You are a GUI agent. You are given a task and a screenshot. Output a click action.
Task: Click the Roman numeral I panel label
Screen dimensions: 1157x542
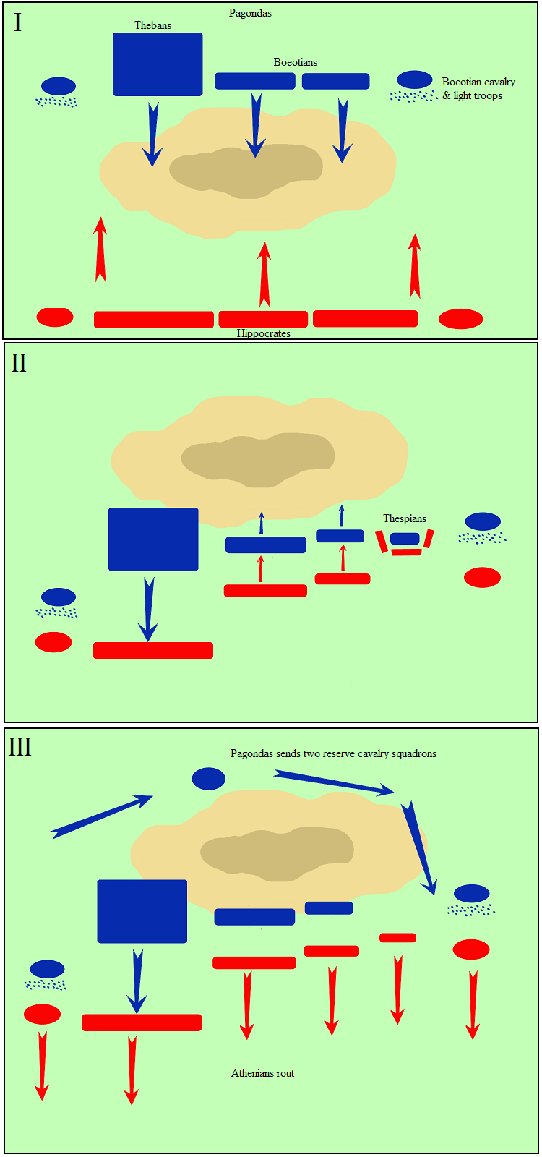[x=17, y=23]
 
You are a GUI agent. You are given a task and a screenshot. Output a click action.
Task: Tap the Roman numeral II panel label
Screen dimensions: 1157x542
[x=19, y=363]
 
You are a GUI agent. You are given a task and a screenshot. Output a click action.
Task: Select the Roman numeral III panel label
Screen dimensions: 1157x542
[x=20, y=747]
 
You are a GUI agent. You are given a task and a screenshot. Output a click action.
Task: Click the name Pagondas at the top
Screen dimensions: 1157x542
[x=250, y=13]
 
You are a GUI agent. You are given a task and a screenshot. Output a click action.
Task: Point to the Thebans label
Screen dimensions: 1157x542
[x=152, y=25]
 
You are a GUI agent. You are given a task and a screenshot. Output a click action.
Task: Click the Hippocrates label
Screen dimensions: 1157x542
[x=263, y=333]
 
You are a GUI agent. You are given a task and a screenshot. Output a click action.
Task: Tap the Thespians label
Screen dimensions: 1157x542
[x=405, y=518]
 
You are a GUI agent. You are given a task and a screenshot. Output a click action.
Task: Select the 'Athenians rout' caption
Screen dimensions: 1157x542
[x=262, y=1073]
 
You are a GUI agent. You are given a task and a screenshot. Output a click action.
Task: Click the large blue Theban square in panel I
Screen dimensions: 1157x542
[x=158, y=64]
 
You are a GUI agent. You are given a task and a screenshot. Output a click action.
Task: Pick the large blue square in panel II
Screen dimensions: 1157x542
[x=153, y=539]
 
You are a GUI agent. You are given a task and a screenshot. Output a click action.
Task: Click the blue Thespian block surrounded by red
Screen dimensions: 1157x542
[x=405, y=539]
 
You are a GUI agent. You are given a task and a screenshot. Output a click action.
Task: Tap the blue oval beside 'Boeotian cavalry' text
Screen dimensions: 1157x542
[x=414, y=80]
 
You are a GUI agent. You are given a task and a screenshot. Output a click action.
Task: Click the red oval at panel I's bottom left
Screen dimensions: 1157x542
[x=55, y=317]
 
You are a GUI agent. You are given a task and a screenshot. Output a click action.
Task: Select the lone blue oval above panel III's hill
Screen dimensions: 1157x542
[x=208, y=779]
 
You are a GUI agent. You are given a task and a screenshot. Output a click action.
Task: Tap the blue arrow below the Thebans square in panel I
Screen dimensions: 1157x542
[x=152, y=135]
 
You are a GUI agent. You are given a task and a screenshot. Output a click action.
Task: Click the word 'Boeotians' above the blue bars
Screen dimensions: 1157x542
[x=295, y=62]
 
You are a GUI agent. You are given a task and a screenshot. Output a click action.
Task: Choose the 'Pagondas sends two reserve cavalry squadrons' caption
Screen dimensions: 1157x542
[x=333, y=753]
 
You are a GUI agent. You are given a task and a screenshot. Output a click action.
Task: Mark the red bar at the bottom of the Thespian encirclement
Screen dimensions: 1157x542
[x=406, y=552]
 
